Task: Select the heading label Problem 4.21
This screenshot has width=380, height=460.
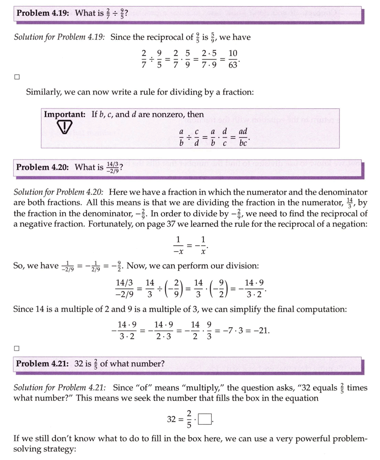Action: [x=42, y=364]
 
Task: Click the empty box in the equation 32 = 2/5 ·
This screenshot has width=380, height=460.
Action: [x=205, y=419]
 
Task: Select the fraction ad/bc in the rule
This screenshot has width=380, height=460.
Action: [x=243, y=137]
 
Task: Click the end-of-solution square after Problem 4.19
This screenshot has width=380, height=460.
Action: [x=17, y=77]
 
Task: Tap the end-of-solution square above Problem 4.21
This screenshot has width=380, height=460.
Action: [x=17, y=349]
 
